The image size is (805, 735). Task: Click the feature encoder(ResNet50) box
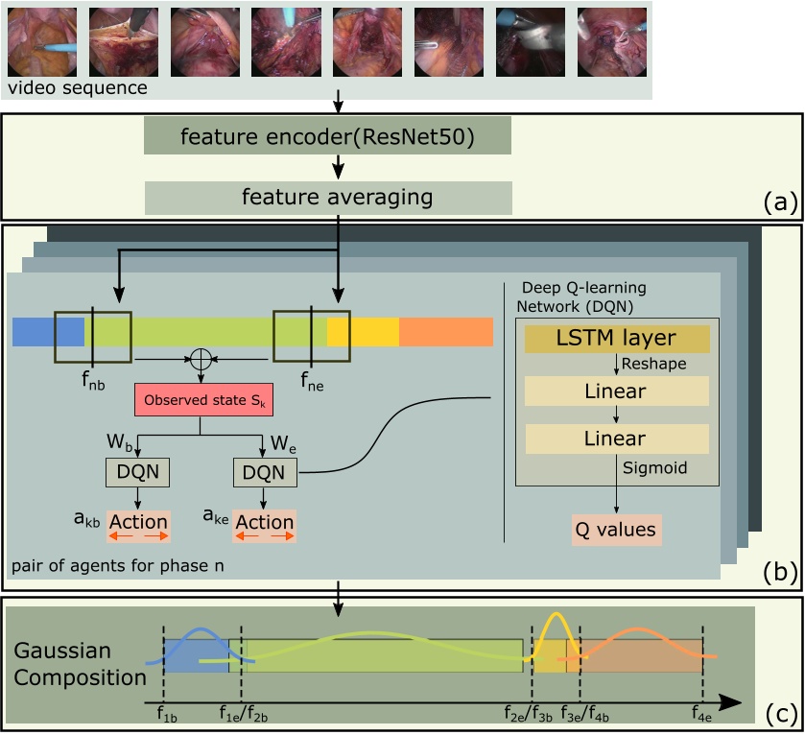click(x=327, y=136)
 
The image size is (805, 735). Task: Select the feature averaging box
click(x=327, y=197)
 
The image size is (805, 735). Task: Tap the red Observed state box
click(x=203, y=398)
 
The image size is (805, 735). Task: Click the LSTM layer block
click(x=615, y=339)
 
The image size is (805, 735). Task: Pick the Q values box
click(x=615, y=529)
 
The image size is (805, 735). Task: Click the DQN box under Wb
click(x=137, y=471)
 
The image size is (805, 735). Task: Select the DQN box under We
click(x=265, y=471)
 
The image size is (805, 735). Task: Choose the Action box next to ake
click(x=265, y=524)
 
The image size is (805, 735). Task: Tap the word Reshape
click(x=649, y=366)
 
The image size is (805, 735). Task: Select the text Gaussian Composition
click(x=81, y=664)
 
